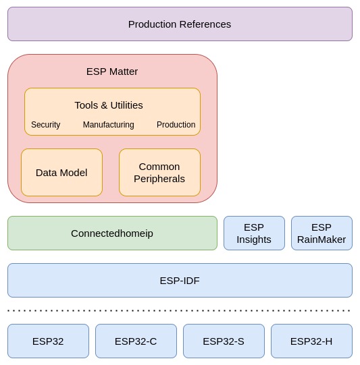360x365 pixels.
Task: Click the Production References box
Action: click(180, 24)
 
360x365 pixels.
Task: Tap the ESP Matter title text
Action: click(112, 72)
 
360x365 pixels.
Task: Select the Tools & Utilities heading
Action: click(109, 105)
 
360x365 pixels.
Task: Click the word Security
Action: click(46, 125)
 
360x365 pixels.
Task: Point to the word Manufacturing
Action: click(109, 125)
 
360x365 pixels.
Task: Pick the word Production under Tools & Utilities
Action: click(176, 125)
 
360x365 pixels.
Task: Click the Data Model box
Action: click(61, 173)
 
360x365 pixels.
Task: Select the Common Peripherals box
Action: click(159, 173)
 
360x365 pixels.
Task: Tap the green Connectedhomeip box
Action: click(112, 233)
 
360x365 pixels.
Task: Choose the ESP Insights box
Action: click(254, 233)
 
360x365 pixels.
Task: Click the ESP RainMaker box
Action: click(322, 233)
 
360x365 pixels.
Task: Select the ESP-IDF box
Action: click(180, 281)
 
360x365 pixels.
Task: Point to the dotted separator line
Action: click(180, 311)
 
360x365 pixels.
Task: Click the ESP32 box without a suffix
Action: click(48, 341)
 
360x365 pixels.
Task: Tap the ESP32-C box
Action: click(136, 341)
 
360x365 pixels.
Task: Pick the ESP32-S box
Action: click(224, 341)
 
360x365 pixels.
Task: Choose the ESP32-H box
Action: click(311, 341)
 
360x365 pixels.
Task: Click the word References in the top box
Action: click(205, 24)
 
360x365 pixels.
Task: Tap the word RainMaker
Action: click(322, 240)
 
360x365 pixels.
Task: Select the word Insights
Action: click(254, 240)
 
